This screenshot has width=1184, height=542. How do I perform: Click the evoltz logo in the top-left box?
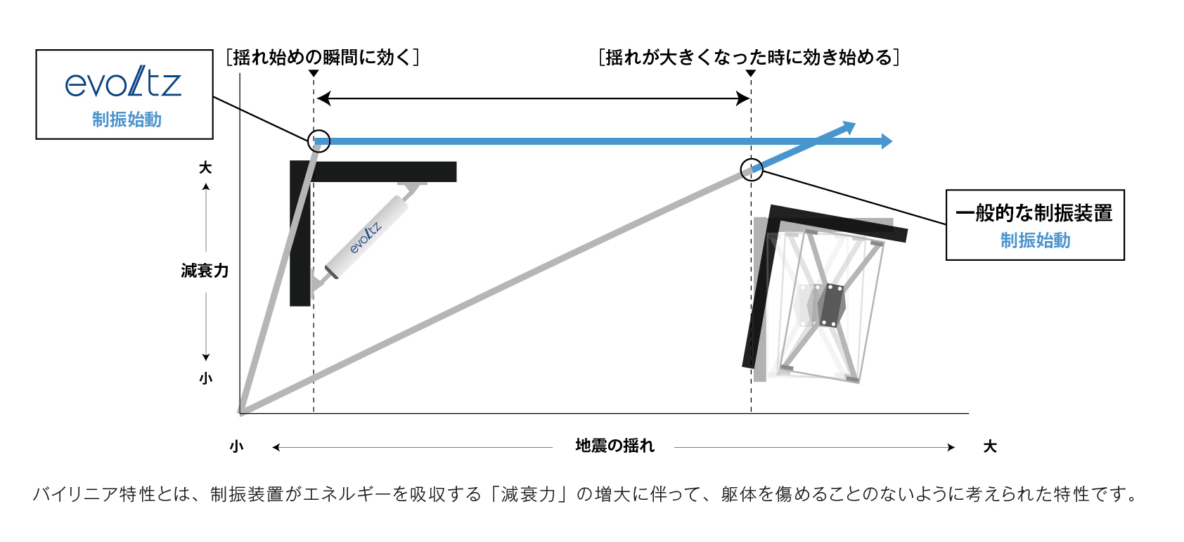click(x=123, y=84)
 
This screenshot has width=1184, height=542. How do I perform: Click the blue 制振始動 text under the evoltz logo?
click(x=127, y=120)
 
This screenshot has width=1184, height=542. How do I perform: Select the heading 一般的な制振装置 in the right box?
click(x=1034, y=213)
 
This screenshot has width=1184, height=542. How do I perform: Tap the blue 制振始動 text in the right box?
click(x=1035, y=240)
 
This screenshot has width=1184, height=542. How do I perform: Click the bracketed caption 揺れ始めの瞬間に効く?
click(x=323, y=57)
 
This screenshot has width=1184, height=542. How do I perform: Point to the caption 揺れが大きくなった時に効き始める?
click(x=749, y=57)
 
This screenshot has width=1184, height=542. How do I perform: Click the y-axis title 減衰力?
click(x=205, y=271)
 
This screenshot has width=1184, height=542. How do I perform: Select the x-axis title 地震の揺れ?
click(x=614, y=446)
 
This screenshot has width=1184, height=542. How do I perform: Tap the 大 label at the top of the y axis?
click(x=205, y=168)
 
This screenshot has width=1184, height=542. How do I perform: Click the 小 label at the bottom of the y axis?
click(x=205, y=378)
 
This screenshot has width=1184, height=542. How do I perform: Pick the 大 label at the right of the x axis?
click(x=990, y=447)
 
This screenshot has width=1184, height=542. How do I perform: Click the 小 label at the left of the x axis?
click(x=236, y=447)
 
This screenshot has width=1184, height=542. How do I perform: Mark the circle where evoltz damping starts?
click(x=318, y=141)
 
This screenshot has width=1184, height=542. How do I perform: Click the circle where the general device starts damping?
click(x=752, y=169)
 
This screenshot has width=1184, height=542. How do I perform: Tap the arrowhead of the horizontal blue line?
click(x=887, y=141)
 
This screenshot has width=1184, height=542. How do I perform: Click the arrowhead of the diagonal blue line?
click(x=849, y=127)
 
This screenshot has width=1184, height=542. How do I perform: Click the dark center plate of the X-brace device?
click(x=832, y=305)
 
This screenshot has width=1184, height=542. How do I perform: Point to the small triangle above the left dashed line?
click(x=314, y=73)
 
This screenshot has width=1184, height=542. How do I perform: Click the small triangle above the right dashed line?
click(x=751, y=73)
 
